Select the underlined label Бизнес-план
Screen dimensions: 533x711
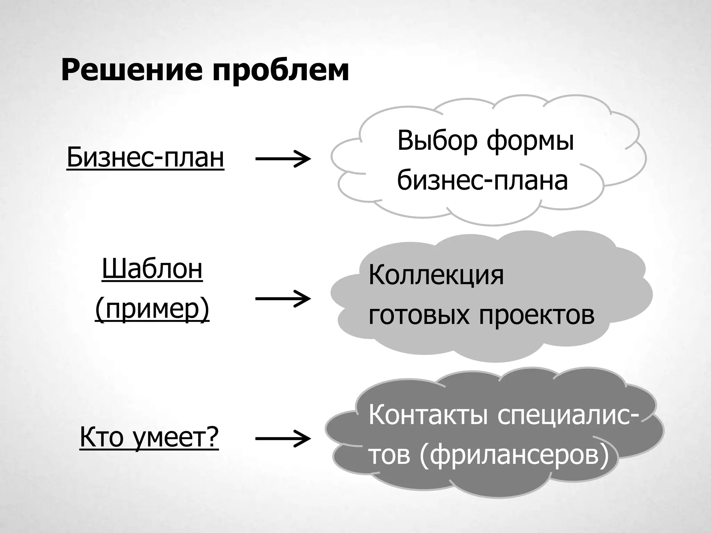pos(145,158)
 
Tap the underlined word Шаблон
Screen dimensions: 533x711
pos(152,269)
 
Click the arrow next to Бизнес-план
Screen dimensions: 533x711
pos(283,159)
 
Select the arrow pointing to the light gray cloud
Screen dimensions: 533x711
pos(283,298)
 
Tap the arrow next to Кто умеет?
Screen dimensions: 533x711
pos(283,439)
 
